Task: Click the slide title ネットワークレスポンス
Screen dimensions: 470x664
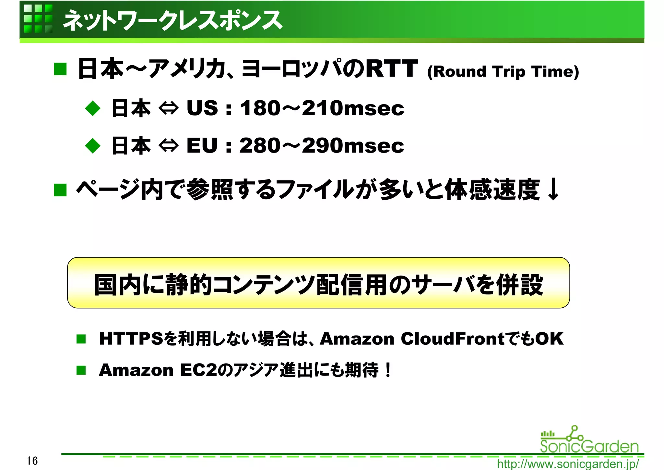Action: pos(172,20)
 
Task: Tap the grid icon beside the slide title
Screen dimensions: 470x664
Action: pos(38,19)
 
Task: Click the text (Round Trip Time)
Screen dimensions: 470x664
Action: pos(503,72)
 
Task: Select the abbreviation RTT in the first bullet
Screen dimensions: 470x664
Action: pos(391,68)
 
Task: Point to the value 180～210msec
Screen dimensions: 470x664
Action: pos(322,108)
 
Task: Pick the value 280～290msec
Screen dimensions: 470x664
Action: pos(322,145)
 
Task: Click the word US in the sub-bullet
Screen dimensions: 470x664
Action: pos(202,108)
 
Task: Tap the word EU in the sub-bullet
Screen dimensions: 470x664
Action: pos(202,145)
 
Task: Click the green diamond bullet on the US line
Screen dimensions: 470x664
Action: pos(93,108)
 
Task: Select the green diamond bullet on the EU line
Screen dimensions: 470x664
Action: pos(93,146)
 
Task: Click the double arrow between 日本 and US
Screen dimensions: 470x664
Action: pos(169,108)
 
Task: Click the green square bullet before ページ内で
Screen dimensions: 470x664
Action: pos(60,190)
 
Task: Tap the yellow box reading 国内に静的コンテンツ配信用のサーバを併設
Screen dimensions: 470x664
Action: pos(318,283)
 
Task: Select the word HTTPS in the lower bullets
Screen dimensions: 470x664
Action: pos(131,339)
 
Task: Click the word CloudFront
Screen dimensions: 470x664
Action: pos(453,339)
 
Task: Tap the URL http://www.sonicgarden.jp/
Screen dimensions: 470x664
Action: pos(568,464)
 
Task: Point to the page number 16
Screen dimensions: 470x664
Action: pos(32,461)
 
